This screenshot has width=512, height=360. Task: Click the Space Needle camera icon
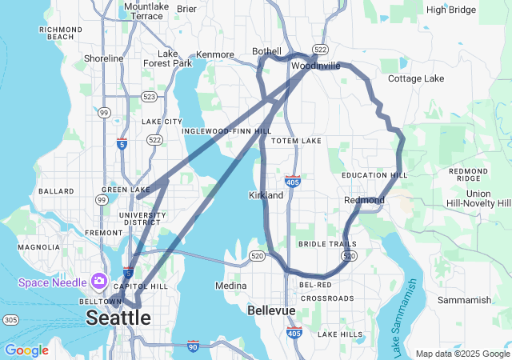tap(98, 280)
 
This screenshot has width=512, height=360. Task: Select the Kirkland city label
tap(266, 195)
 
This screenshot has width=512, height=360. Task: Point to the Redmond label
tap(364, 199)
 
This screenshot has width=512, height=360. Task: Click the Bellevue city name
tap(271, 310)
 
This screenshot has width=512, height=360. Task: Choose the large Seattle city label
tap(118, 318)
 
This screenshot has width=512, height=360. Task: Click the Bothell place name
tap(267, 51)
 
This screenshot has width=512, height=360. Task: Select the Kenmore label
tap(215, 54)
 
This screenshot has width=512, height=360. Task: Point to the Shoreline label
tap(104, 58)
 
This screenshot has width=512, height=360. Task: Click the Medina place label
tap(230, 286)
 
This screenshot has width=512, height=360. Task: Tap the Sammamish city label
tap(465, 300)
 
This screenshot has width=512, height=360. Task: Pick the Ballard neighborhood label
tap(56, 191)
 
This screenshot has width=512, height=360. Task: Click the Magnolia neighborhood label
tap(38, 247)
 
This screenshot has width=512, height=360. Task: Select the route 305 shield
tap(10, 320)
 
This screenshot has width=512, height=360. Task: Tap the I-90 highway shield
tap(192, 346)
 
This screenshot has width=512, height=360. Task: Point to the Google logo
tap(26, 350)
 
